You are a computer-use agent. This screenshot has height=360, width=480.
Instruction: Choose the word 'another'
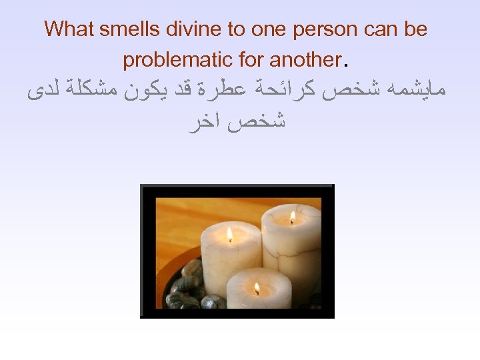click(x=304, y=60)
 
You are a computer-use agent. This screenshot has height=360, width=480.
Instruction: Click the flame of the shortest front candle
click(x=257, y=289)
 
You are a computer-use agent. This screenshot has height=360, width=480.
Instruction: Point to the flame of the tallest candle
click(x=291, y=217)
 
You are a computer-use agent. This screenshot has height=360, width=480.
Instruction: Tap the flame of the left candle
click(x=229, y=234)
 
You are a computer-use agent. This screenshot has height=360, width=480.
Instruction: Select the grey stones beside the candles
click(x=187, y=287)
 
